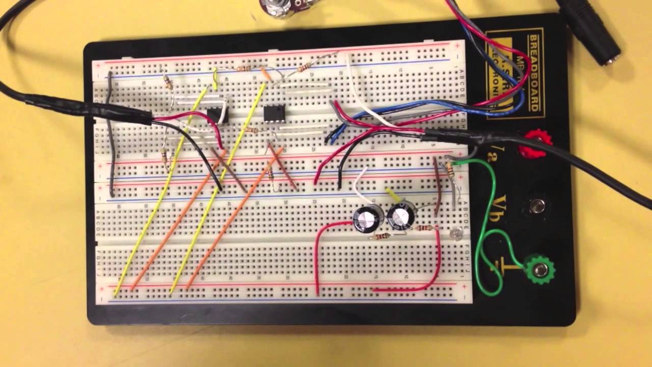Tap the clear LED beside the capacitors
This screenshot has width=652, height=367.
point(455,234)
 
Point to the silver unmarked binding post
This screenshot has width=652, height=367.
point(535,206)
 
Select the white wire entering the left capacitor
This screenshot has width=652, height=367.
point(360,186)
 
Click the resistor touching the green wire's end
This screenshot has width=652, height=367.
point(450,168)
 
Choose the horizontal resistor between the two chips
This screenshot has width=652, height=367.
point(252,130)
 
